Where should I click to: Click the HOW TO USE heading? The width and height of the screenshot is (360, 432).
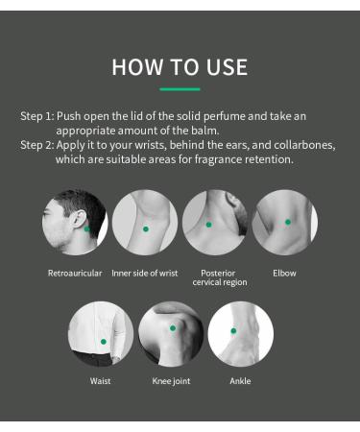pyautogui.click(x=180, y=67)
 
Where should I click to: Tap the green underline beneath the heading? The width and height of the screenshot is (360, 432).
pyautogui.click(x=180, y=89)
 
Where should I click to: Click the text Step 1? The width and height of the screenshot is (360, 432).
pyautogui.click(x=37, y=116)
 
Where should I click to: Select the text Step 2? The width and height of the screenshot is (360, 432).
pyautogui.click(x=37, y=145)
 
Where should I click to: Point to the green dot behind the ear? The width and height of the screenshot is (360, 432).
pyautogui.click(x=86, y=228)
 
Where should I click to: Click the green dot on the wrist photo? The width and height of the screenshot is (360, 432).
pyautogui.click(x=146, y=229)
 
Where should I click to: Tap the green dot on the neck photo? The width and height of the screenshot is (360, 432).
pyautogui.click(x=208, y=225)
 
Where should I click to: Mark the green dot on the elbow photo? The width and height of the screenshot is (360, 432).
pyautogui.click(x=288, y=222)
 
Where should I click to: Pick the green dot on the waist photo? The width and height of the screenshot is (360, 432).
pyautogui.click(x=104, y=342)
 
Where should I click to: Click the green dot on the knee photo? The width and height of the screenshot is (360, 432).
pyautogui.click(x=173, y=328)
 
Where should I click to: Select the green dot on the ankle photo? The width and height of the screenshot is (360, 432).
pyautogui.click(x=233, y=330)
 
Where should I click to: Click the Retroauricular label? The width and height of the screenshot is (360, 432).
pyautogui.click(x=75, y=274)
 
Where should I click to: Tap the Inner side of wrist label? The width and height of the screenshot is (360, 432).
pyautogui.click(x=145, y=274)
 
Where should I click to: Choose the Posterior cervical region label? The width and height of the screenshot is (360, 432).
pyautogui.click(x=220, y=277)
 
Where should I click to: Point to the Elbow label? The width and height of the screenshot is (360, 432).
pyautogui.click(x=284, y=274)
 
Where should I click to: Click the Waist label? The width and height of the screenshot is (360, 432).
pyautogui.click(x=100, y=381)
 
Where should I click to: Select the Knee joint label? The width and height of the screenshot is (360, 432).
pyautogui.click(x=171, y=381)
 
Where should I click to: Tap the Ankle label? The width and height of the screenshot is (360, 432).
pyautogui.click(x=240, y=381)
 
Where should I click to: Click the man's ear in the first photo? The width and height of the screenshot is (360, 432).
pyautogui.click(x=79, y=219)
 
